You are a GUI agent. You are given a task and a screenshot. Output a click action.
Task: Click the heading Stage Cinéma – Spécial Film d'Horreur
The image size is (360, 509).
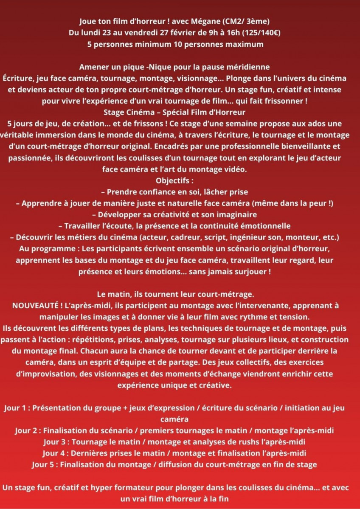(180, 112)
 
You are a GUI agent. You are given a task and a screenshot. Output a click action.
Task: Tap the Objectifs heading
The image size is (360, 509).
(180, 180)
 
